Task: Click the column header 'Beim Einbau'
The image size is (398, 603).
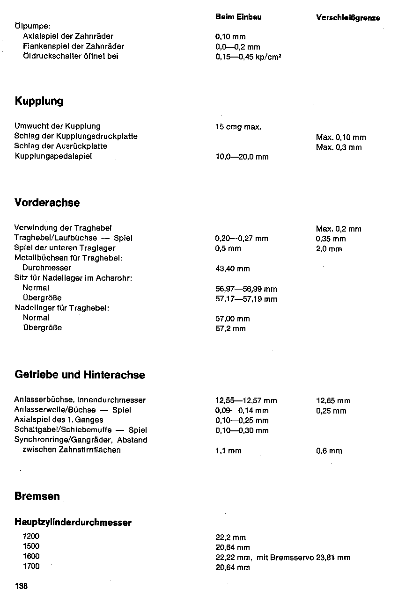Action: [x=238, y=17]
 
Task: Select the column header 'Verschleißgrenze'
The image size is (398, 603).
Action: [x=348, y=18]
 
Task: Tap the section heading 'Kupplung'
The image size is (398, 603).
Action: [x=39, y=102]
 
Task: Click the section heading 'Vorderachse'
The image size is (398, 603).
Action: [x=47, y=203]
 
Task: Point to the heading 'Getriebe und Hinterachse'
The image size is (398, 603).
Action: [x=80, y=375]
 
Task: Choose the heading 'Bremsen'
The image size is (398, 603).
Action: [x=37, y=496]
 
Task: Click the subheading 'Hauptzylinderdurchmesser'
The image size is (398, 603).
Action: [x=73, y=523]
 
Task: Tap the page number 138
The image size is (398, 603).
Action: [x=22, y=586]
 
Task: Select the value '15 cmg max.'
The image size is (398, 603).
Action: [x=238, y=127]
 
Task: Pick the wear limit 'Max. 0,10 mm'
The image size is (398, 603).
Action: [x=341, y=137]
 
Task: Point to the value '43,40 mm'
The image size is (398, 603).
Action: [x=233, y=269]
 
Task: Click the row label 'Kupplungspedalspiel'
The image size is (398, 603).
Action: [x=53, y=156]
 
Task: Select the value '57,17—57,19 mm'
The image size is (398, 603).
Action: [x=246, y=299]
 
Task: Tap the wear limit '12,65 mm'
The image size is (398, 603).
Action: [x=333, y=400]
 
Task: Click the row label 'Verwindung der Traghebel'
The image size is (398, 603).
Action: [x=63, y=228]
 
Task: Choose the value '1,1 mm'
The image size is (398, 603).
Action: [x=228, y=451]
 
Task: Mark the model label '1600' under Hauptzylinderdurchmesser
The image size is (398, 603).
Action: [x=31, y=556]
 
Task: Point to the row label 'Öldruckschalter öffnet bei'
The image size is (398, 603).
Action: [x=70, y=56]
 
